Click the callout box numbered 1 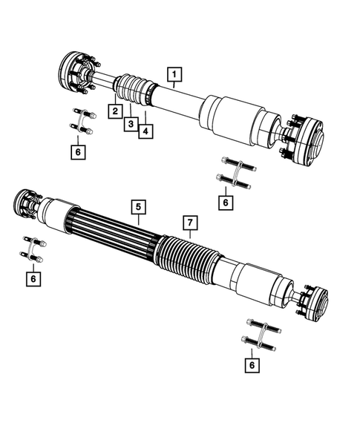(x=174, y=73)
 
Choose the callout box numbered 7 (x=189, y=223)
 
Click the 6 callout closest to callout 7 (x=225, y=200)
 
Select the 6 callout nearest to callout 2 (x=78, y=152)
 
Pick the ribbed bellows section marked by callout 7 (x=186, y=256)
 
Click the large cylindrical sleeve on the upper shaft (x=234, y=116)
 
